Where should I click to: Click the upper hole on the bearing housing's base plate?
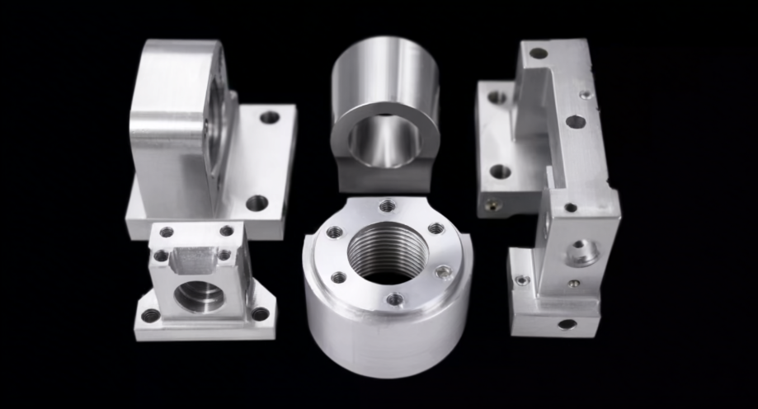tap(270, 117)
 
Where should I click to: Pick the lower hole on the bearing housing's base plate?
tap(257, 202)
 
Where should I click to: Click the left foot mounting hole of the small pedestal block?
tap(150, 315)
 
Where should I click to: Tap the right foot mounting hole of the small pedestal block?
tap(261, 313)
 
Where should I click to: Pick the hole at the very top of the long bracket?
tap(538, 54)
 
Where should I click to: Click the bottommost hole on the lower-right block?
tap(567, 324)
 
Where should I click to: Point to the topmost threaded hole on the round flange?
tap(385, 206)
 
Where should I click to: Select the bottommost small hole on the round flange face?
tap(395, 299)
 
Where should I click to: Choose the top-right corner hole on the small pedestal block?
tap(226, 231)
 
